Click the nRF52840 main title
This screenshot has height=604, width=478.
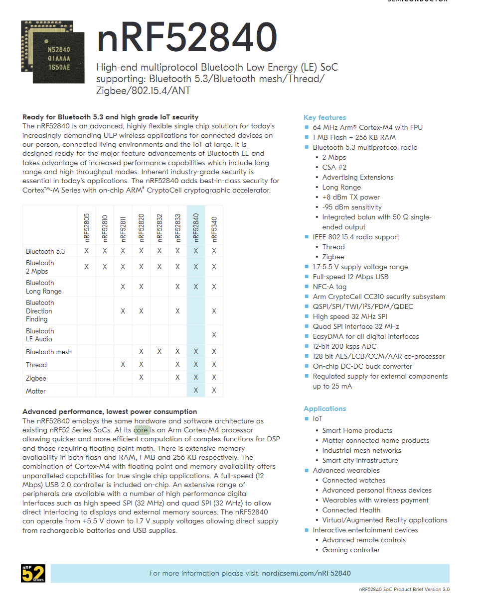click(x=187, y=38)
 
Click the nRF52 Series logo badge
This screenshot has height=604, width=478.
click(x=33, y=573)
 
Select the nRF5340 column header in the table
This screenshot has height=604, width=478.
click(x=214, y=228)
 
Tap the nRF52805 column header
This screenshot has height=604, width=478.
click(x=86, y=228)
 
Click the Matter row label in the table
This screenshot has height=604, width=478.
click(x=36, y=391)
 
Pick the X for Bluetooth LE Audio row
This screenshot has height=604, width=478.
click(x=214, y=335)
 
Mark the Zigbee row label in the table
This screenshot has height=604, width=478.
click(x=36, y=378)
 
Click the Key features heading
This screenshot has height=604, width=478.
click(x=324, y=117)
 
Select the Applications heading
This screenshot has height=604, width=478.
click(x=324, y=408)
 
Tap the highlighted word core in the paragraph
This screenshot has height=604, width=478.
click(x=141, y=430)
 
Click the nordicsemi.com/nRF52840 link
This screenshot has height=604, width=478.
click(x=306, y=573)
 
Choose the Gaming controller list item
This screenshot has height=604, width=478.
click(x=351, y=550)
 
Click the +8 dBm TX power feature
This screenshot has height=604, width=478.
click(x=351, y=197)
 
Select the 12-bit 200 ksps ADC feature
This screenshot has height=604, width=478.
click(x=344, y=346)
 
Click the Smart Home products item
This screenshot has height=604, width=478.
click(x=357, y=430)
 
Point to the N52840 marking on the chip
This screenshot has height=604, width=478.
click(x=58, y=50)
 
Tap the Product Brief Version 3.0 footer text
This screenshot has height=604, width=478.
click(x=404, y=590)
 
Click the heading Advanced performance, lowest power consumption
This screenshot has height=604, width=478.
click(x=110, y=411)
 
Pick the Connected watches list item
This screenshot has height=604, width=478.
click(x=353, y=480)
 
